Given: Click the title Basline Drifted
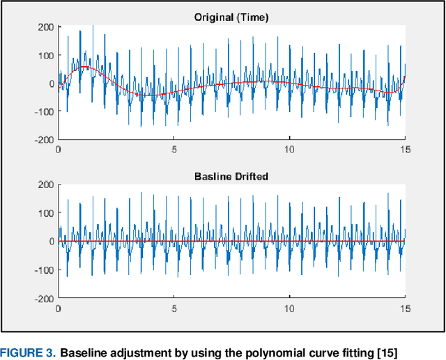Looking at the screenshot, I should tap(231, 176).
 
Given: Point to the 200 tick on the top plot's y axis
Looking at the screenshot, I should tap(45, 27).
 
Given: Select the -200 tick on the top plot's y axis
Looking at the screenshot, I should tap(43, 140).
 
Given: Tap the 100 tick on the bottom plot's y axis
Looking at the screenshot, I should tap(45, 213).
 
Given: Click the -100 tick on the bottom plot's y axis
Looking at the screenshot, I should tap(43, 269).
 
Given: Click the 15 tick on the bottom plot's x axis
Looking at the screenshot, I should tap(405, 308).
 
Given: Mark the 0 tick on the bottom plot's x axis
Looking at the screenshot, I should tap(59, 308).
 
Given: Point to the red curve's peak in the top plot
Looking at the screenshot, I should tap(84, 68).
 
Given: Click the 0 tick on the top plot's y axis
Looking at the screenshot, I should tap(51, 84).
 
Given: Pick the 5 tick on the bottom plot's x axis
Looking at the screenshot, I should tap(174, 308).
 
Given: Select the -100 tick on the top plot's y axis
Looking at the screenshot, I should tap(43, 112).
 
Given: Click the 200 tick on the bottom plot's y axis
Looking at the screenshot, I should tap(45, 185).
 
